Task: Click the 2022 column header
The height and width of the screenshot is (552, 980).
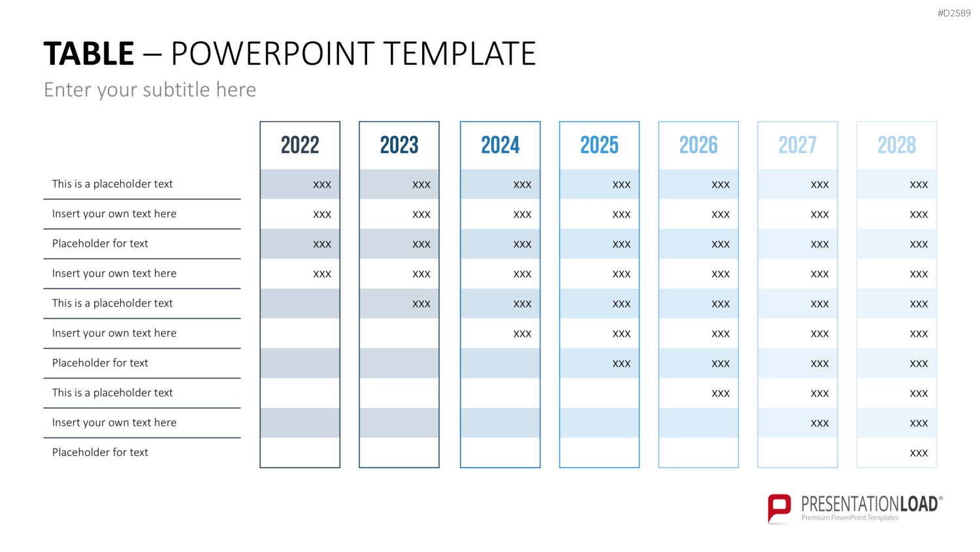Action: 300,145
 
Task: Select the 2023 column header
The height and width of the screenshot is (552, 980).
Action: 399,145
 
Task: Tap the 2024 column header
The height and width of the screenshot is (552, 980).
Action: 500,145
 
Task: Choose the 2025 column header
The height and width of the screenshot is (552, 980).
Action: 599,145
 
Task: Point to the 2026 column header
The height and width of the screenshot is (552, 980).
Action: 698,145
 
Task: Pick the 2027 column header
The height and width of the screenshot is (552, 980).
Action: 798,145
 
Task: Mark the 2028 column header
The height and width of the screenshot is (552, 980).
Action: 896,145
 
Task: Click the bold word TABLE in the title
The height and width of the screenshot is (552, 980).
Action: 89,54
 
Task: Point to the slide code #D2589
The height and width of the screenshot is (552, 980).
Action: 954,13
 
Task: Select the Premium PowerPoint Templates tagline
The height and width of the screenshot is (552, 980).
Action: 849,518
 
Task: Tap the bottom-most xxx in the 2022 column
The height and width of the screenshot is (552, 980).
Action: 322,274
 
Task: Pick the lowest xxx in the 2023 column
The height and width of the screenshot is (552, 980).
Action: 421,304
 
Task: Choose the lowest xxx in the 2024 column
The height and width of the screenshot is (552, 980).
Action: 523,334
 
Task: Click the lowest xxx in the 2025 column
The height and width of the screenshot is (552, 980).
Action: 621,364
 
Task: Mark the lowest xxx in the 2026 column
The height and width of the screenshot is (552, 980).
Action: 721,394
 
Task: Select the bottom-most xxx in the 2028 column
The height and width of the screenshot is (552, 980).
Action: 919,453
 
